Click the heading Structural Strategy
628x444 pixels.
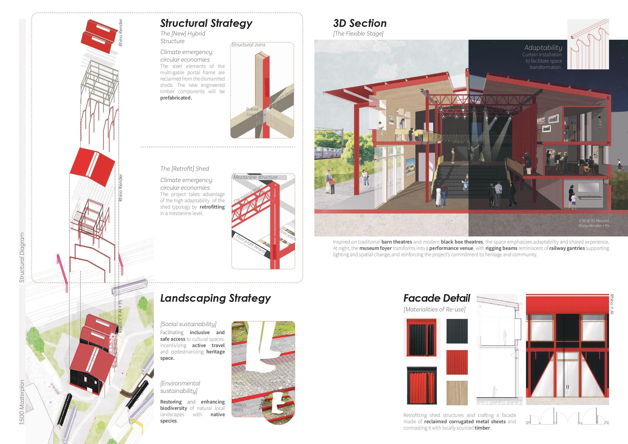206,23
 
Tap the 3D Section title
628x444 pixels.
360,23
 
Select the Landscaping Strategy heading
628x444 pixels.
215,298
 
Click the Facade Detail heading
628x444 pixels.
437,298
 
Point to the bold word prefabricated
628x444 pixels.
176,98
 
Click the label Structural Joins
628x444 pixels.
248,45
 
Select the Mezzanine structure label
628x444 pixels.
255,177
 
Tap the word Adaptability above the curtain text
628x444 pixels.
543,48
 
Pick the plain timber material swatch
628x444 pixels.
457,393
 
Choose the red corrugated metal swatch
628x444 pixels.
457,362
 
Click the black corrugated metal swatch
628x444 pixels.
457,331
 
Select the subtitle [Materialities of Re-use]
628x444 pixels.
434,309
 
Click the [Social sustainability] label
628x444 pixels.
188,324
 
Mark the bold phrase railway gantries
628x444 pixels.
567,248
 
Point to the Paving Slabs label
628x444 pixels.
239,407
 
